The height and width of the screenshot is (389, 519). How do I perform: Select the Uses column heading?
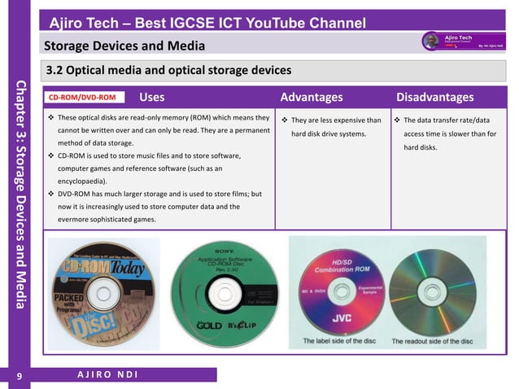click(x=152, y=98)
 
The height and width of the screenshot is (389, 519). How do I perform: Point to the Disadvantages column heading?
click(x=434, y=98)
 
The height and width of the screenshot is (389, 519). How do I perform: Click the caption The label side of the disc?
click(x=338, y=341)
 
